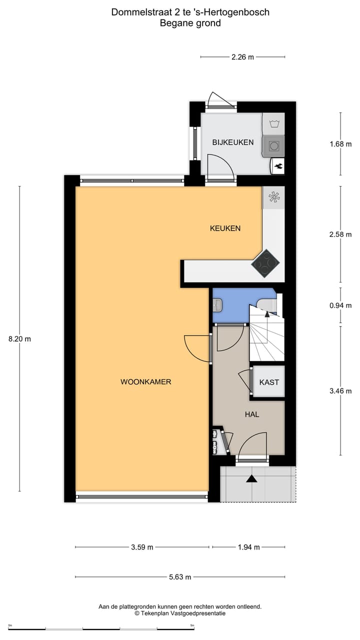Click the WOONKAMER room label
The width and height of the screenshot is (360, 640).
point(145,381)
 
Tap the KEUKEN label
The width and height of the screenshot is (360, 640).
point(225,228)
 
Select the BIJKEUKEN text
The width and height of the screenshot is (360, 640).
point(232,142)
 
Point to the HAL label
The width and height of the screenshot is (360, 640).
point(252,414)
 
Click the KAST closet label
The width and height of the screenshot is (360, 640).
point(269,382)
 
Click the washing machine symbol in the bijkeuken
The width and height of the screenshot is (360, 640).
point(273,145)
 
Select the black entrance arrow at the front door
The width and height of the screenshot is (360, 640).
point(251,479)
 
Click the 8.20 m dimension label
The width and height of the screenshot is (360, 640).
point(19,338)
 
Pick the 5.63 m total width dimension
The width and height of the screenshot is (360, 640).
point(180,577)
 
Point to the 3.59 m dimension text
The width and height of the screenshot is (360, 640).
point(142,547)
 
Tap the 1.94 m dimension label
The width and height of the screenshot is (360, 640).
point(248,547)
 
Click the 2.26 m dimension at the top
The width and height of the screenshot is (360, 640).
point(242,57)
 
